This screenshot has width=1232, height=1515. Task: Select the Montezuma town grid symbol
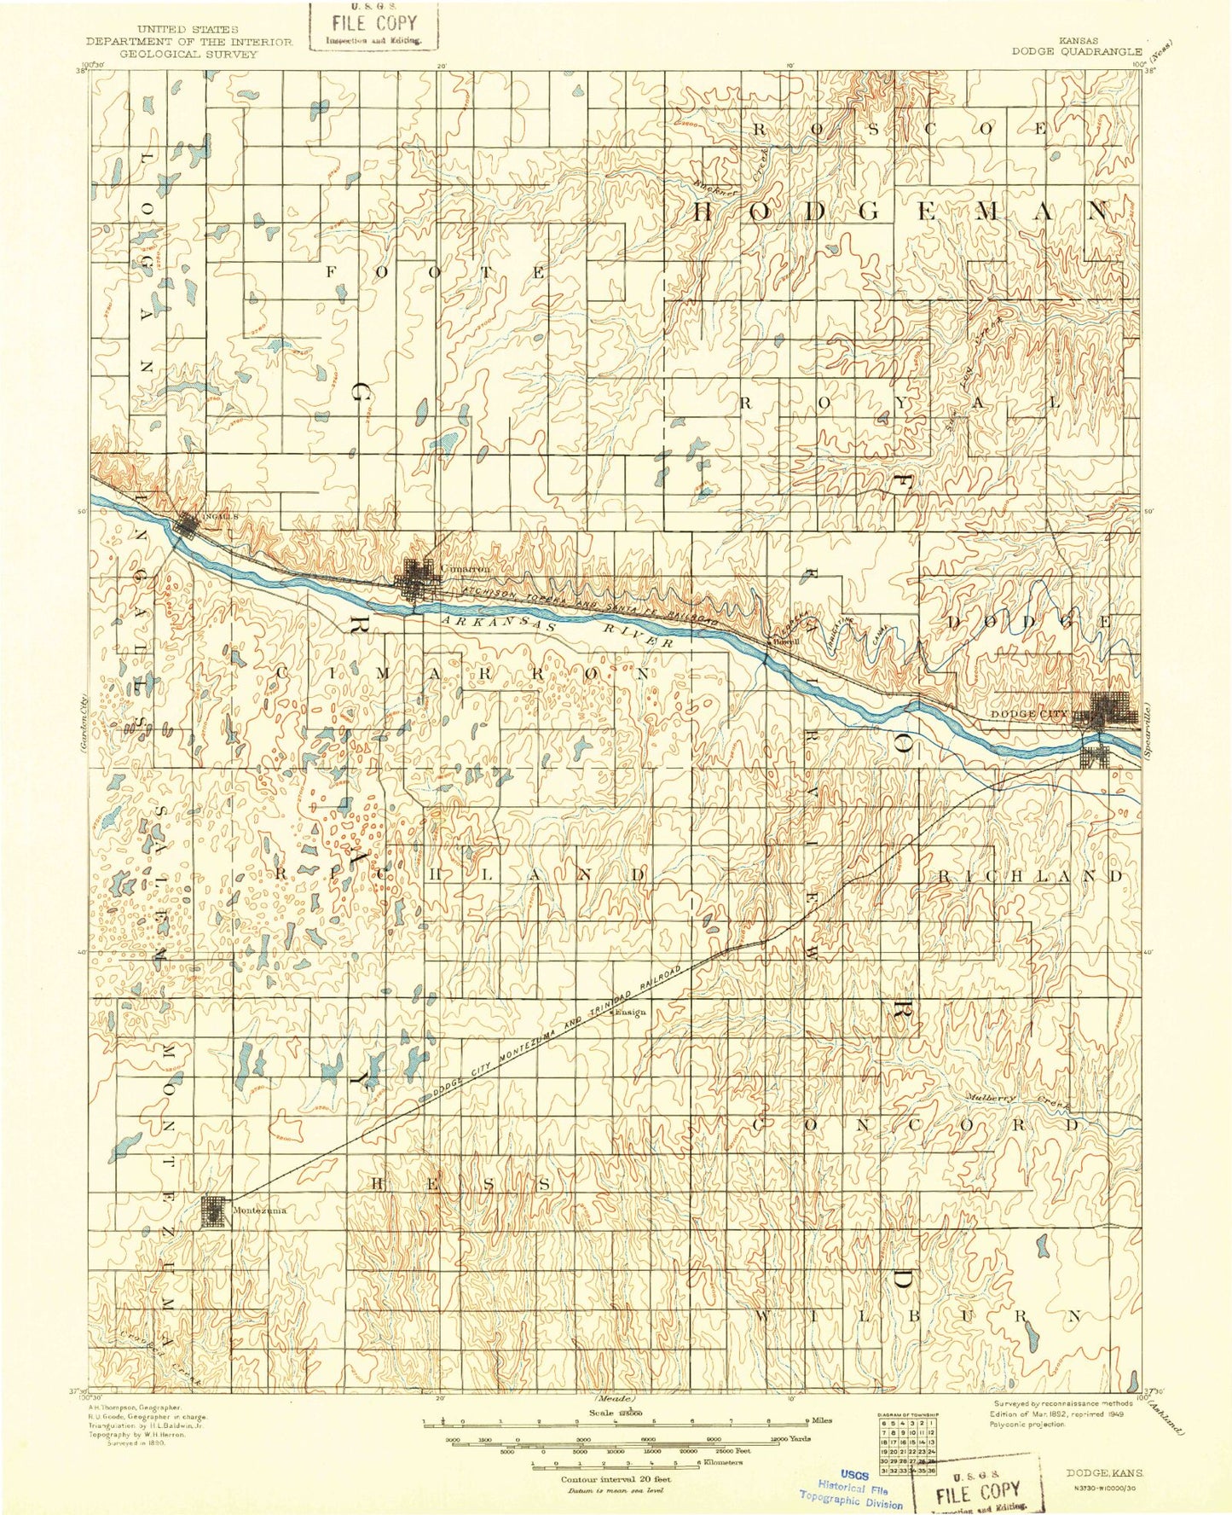[213, 1211]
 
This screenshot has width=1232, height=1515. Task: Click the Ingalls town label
[214, 517]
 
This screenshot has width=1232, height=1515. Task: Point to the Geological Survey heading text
[189, 53]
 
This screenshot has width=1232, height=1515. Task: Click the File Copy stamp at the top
[373, 26]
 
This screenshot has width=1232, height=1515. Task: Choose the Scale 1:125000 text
[616, 1412]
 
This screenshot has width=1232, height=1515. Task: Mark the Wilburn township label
[917, 1340]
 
